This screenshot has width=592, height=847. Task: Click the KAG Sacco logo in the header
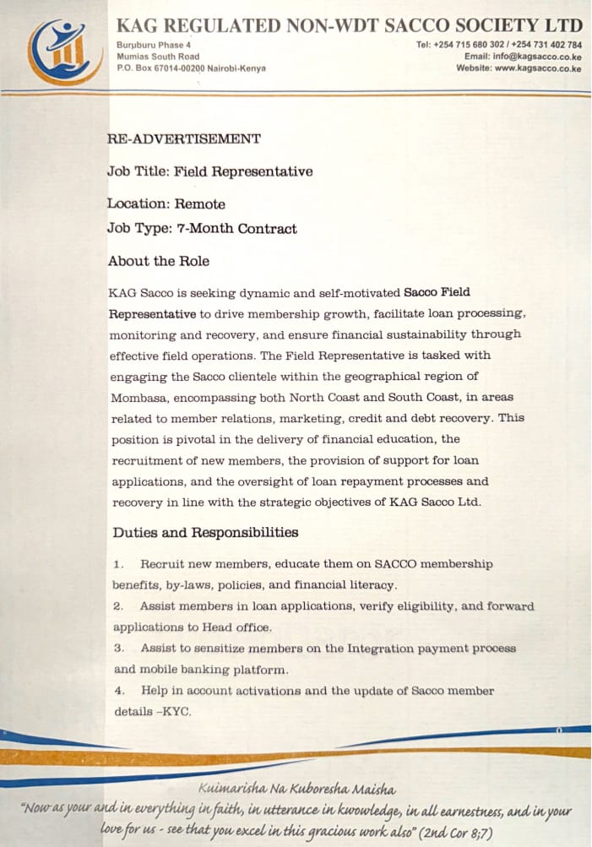pos(59,52)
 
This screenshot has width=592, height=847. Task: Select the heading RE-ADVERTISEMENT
pos(184,139)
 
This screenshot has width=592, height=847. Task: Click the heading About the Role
pos(159,261)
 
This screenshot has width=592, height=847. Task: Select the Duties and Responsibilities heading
pos(205,533)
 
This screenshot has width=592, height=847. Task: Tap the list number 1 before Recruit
pos(118,564)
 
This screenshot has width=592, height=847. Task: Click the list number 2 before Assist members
pos(119,606)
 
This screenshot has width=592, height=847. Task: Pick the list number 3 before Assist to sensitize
pos(119,649)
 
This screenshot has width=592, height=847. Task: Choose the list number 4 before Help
pos(119,691)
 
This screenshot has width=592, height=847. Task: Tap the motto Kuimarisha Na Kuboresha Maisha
pos(296,790)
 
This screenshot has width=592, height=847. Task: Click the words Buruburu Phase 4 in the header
pos(154,44)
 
